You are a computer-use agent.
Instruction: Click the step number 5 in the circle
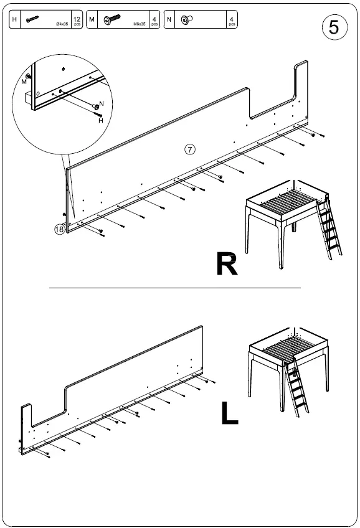tap(334, 27)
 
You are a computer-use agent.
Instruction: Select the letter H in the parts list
tap(16, 20)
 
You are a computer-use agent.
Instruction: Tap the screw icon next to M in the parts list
tap(113, 21)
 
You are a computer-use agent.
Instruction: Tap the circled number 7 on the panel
tap(191, 149)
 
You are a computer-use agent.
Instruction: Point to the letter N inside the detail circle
tap(102, 103)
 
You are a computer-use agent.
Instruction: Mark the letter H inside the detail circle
tap(100, 121)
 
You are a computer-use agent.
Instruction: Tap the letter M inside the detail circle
tap(24, 82)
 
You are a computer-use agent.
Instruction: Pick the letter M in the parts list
tap(92, 20)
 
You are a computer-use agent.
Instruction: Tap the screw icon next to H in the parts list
tap(33, 21)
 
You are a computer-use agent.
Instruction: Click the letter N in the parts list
tap(169, 20)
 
